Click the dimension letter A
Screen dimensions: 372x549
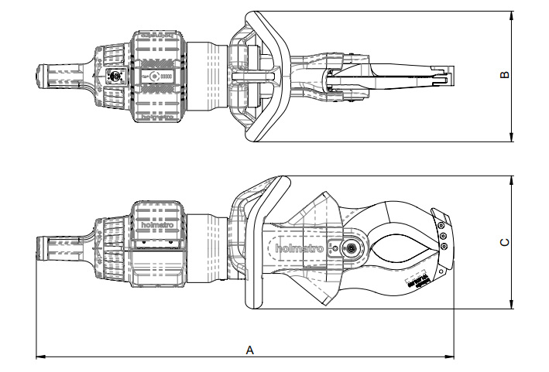pyautogui.click(x=249, y=350)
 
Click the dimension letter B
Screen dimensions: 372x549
pyautogui.click(x=504, y=75)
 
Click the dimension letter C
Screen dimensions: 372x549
pyautogui.click(x=504, y=242)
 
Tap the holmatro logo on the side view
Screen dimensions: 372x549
pyautogui.click(x=298, y=248)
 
